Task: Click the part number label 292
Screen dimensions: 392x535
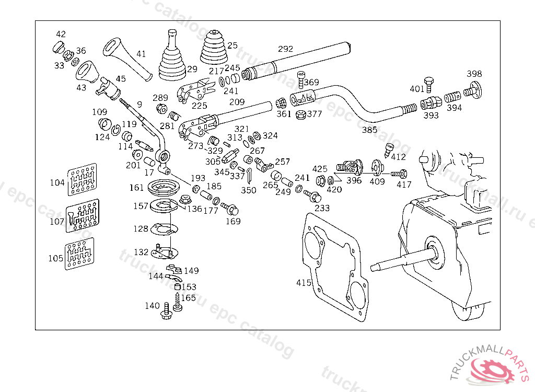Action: [286, 49]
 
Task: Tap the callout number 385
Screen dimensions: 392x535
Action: [369, 130]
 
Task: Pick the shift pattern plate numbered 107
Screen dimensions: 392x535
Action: [83, 216]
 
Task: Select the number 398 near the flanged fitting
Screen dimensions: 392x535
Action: [474, 74]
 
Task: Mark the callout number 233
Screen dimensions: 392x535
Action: [322, 208]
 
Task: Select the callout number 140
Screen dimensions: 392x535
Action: [152, 306]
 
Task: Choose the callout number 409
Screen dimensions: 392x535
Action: [377, 182]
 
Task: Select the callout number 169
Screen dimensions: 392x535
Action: [233, 221]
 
